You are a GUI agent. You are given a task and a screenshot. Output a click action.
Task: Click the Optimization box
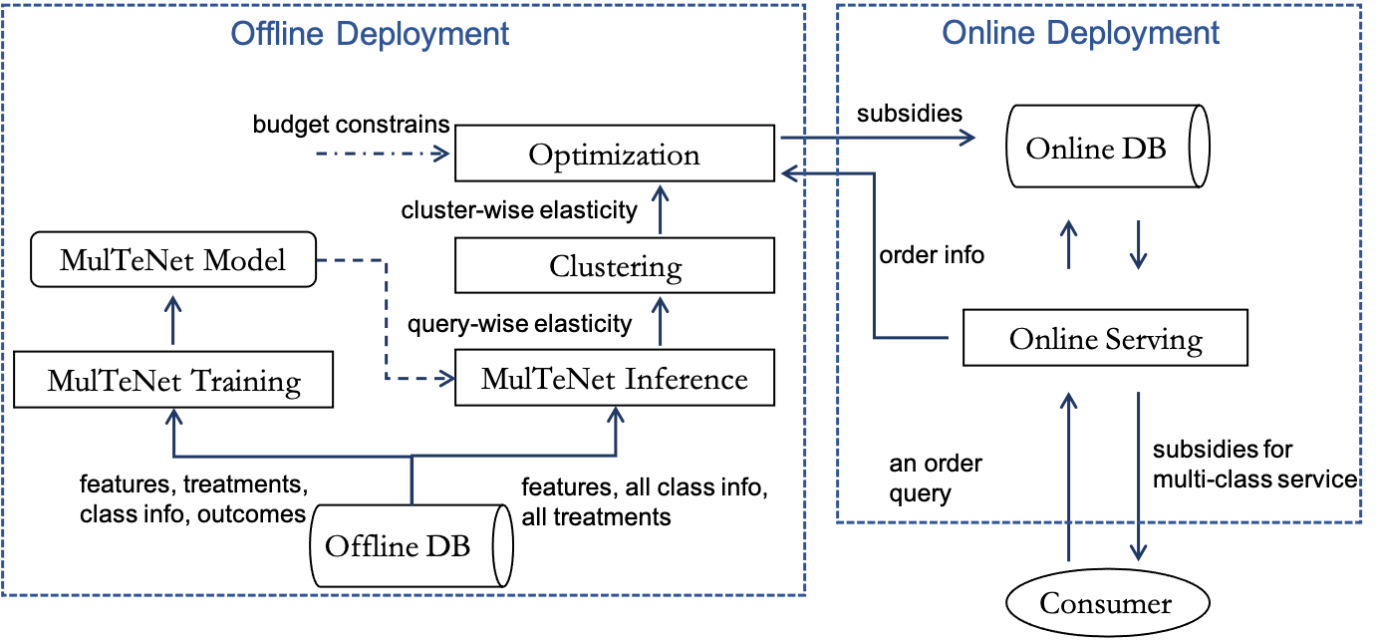614,154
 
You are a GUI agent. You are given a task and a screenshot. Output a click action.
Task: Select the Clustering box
614,266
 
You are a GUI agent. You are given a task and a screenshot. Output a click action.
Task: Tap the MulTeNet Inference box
614,379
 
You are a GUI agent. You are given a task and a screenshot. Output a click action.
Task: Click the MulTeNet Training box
173,381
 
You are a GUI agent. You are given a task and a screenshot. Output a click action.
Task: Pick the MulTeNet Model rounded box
173,260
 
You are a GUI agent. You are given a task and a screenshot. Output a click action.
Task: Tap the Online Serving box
1105,339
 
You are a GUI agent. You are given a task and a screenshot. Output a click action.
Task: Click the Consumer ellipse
1106,603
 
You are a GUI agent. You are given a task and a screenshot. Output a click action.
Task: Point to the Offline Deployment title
370,34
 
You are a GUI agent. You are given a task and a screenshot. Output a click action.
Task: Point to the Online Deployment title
1080,33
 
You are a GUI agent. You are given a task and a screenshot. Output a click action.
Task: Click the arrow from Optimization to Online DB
877,139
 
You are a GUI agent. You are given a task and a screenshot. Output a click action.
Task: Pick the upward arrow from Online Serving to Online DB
1068,244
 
